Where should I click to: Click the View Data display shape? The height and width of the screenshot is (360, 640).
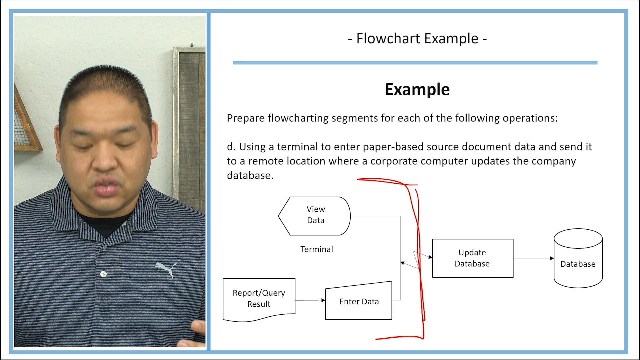(315, 216)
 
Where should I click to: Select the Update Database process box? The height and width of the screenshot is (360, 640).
(472, 258)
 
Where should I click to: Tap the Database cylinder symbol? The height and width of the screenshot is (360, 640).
(578, 258)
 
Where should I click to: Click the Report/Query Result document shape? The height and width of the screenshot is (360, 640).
(259, 299)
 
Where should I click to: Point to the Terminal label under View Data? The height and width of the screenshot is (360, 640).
(316, 249)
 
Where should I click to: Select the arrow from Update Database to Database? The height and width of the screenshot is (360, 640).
(533, 258)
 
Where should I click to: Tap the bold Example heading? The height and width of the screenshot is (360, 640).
(417, 90)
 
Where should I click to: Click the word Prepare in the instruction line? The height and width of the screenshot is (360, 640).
(246, 118)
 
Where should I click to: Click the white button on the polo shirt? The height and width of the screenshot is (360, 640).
(103, 274)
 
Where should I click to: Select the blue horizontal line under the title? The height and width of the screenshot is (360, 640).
(415, 63)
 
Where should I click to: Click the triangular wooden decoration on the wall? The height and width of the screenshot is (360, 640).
(25, 123)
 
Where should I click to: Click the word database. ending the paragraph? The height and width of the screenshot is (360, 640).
(250, 176)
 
